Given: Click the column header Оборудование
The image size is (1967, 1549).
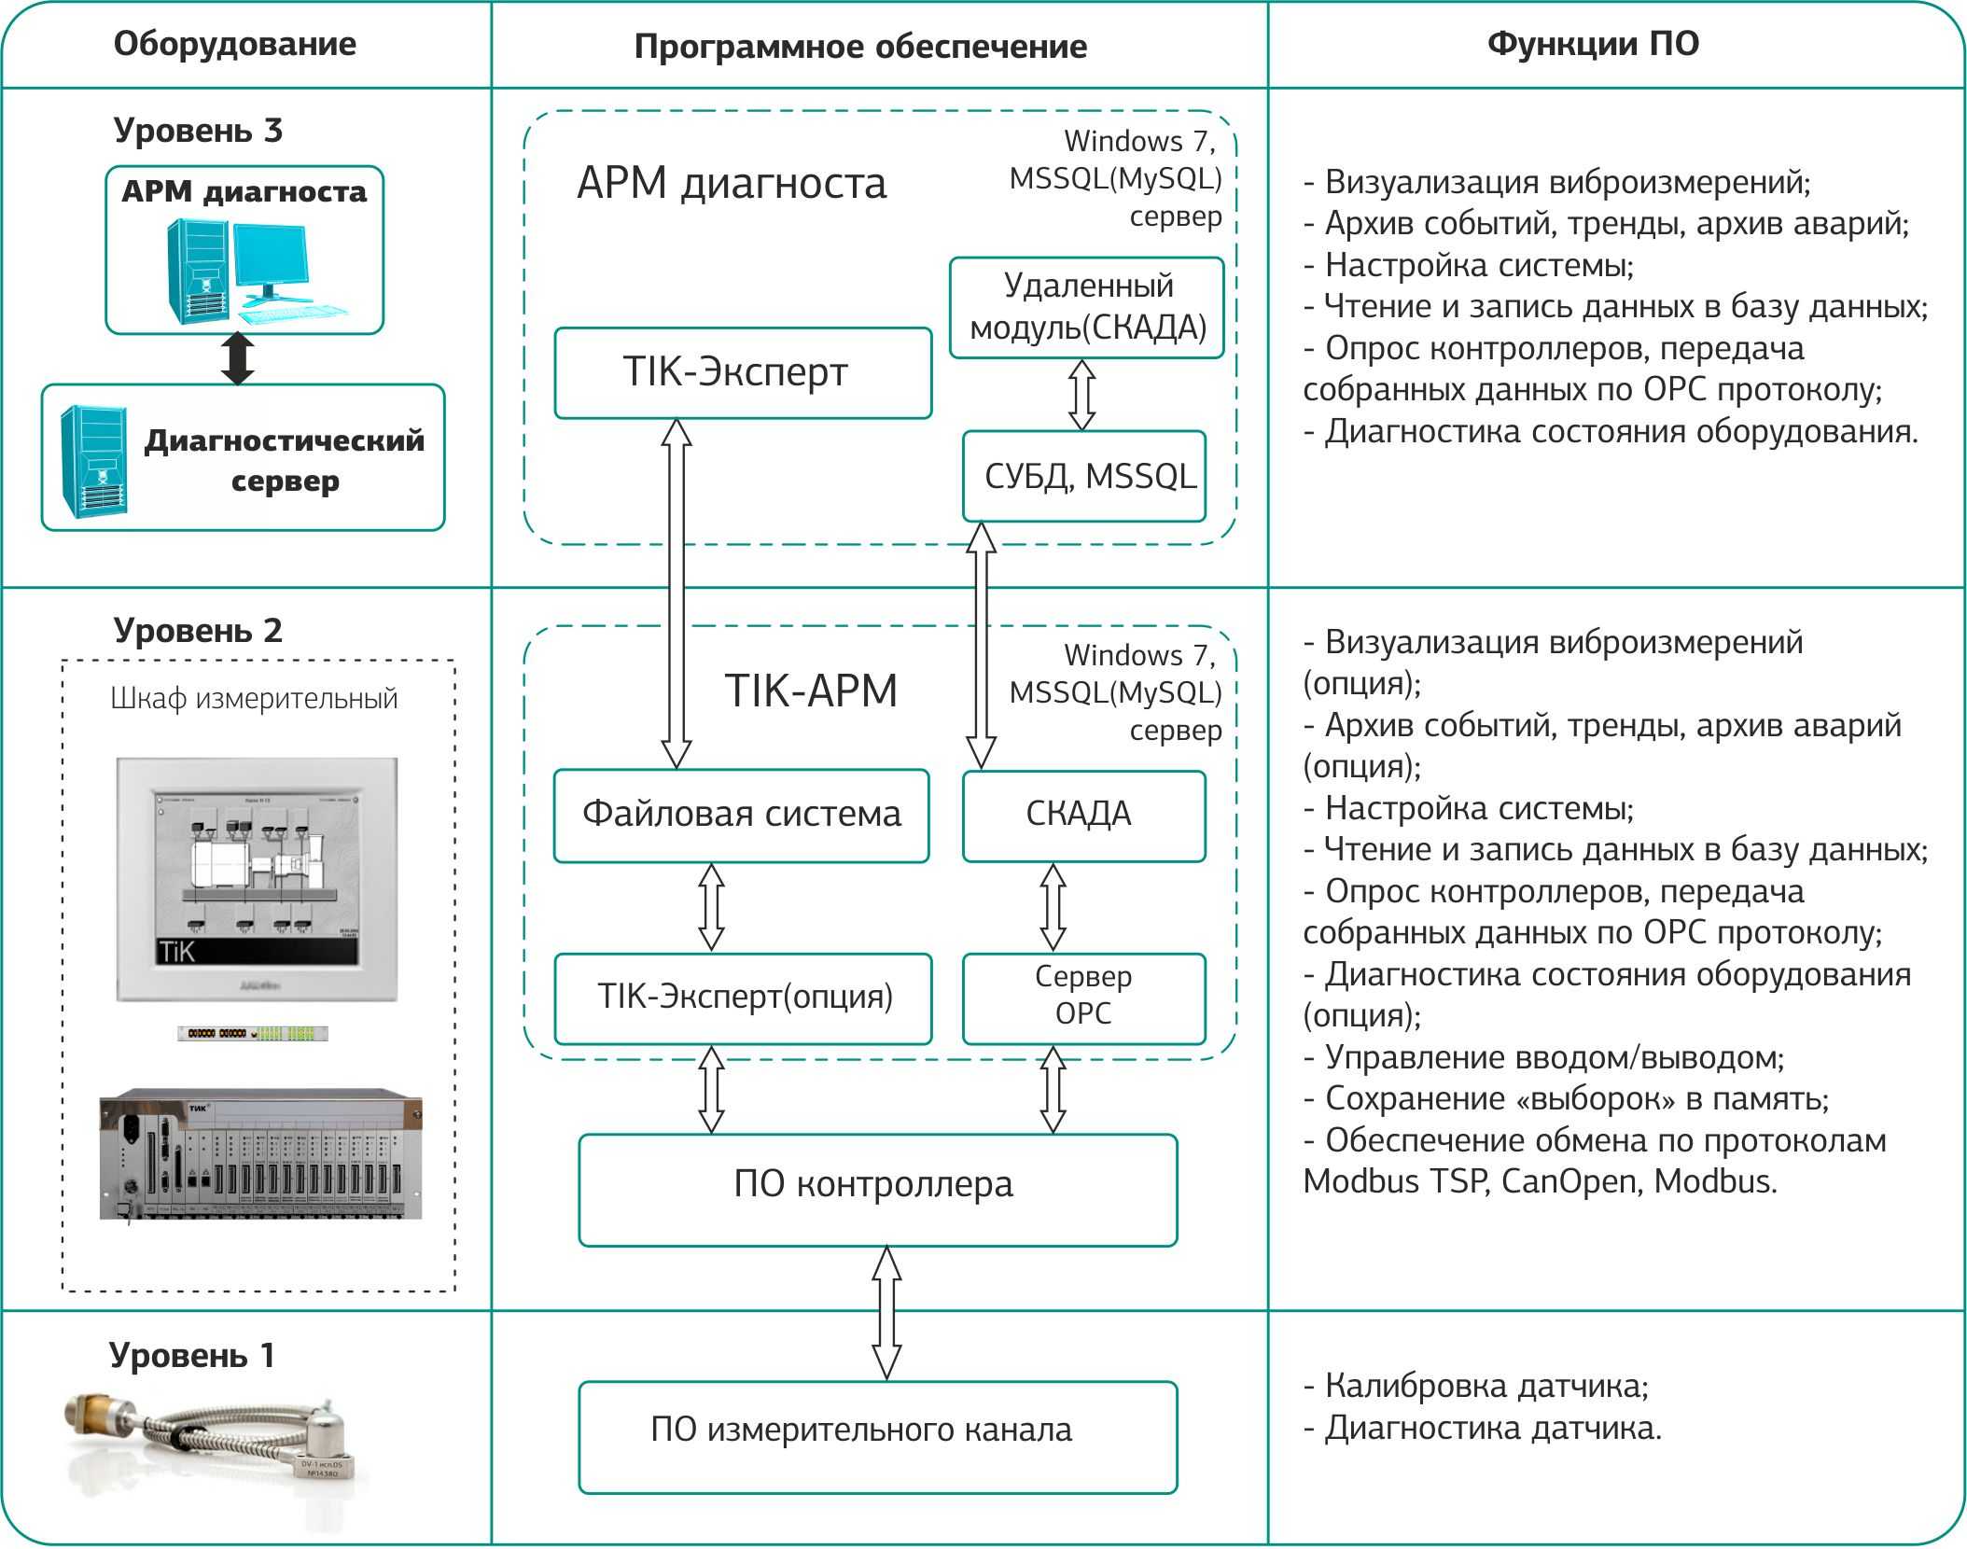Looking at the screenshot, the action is (x=234, y=44).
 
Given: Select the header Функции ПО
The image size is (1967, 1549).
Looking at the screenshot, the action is (x=1593, y=44).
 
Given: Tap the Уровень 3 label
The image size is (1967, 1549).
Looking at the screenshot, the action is (x=198, y=130).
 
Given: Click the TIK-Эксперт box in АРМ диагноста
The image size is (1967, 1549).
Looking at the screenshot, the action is (x=743, y=372).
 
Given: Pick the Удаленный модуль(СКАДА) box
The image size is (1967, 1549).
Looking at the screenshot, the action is (x=1087, y=307).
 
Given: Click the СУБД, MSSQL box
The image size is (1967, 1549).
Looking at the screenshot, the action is (x=1084, y=476).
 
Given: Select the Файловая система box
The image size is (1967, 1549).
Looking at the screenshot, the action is (x=742, y=815).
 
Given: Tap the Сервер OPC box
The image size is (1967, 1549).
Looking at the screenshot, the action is (x=1084, y=998).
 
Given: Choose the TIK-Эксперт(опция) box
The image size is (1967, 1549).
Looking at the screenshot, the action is (x=743, y=998).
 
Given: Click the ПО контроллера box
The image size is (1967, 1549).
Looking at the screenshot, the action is (x=878, y=1189).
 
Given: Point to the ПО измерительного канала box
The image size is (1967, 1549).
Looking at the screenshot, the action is (x=878, y=1437).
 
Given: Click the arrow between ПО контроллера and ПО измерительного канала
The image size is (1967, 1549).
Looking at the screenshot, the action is (x=886, y=1313).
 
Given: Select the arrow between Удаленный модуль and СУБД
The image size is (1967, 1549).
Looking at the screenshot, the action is (x=1081, y=395).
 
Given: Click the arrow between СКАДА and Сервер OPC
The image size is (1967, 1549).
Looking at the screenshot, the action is (x=1053, y=907).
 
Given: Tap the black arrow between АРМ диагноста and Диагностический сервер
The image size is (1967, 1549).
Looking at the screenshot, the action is (x=238, y=358).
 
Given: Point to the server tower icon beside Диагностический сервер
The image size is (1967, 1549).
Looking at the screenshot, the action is (x=94, y=461).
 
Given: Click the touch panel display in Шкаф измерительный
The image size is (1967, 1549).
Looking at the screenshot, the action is (x=257, y=879).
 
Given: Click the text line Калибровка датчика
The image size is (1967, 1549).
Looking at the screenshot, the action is (x=1476, y=1386).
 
